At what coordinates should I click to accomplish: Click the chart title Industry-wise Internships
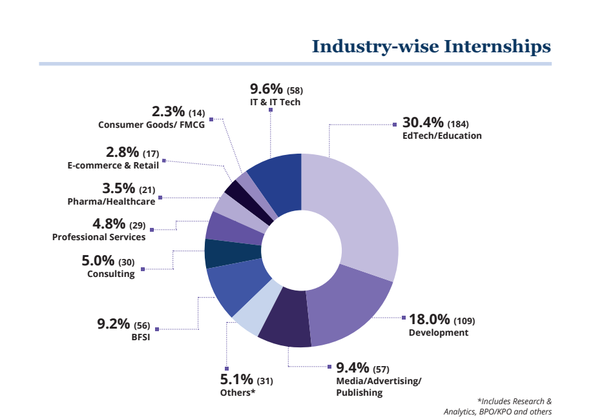pyautogui.click(x=431, y=46)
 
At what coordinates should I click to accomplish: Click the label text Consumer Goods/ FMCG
pyautogui.click(x=151, y=125)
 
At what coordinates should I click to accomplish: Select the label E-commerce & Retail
pyautogui.click(x=113, y=166)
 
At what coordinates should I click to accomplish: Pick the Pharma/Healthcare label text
pyautogui.click(x=111, y=201)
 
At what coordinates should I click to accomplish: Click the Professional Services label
pyautogui.click(x=99, y=237)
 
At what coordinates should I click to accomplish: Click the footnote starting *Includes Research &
pyautogui.click(x=514, y=401)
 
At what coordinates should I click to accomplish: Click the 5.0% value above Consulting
pyautogui.click(x=98, y=261)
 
